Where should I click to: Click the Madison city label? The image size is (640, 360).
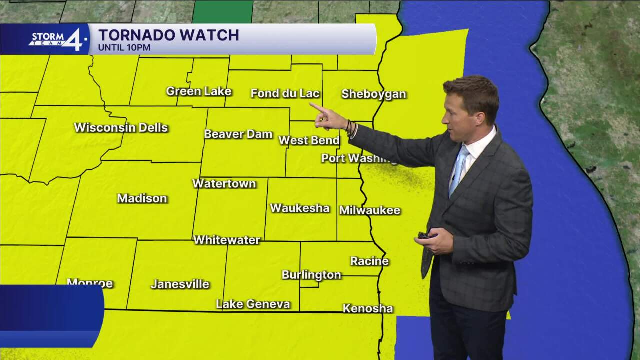click(x=142, y=198)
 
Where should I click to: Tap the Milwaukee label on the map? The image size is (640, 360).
click(x=370, y=210)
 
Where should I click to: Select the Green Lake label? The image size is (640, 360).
click(x=199, y=91)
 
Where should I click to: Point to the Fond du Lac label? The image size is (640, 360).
click(x=285, y=93)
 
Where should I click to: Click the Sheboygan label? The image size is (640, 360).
click(x=374, y=94)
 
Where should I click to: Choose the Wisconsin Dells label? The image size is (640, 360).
click(x=121, y=127)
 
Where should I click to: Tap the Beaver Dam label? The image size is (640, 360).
click(x=238, y=134)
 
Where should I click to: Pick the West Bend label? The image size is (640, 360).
click(x=309, y=140)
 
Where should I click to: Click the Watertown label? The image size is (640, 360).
click(x=224, y=183)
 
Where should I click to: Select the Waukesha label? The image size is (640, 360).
click(x=300, y=208)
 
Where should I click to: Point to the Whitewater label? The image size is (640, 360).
click(x=226, y=240)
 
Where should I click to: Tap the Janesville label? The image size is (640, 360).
click(x=180, y=284)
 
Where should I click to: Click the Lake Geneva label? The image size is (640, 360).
click(x=253, y=304)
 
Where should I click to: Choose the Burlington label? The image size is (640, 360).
click(x=311, y=275)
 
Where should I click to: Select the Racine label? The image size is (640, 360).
click(x=369, y=261)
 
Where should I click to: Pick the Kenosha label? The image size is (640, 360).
click(x=368, y=308)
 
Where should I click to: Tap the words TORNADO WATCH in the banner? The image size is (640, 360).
click(x=169, y=35)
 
